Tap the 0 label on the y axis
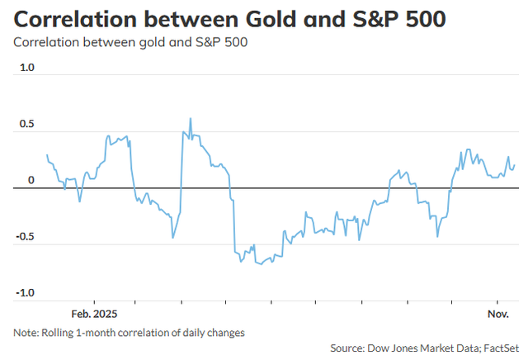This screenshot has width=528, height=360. (31, 181)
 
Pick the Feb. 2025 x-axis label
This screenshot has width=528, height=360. (94, 315)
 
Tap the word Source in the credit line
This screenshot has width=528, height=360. (348, 348)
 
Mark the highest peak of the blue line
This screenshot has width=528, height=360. (191, 118)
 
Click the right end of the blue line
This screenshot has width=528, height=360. (515, 165)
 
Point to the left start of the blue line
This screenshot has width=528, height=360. (47, 155)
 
